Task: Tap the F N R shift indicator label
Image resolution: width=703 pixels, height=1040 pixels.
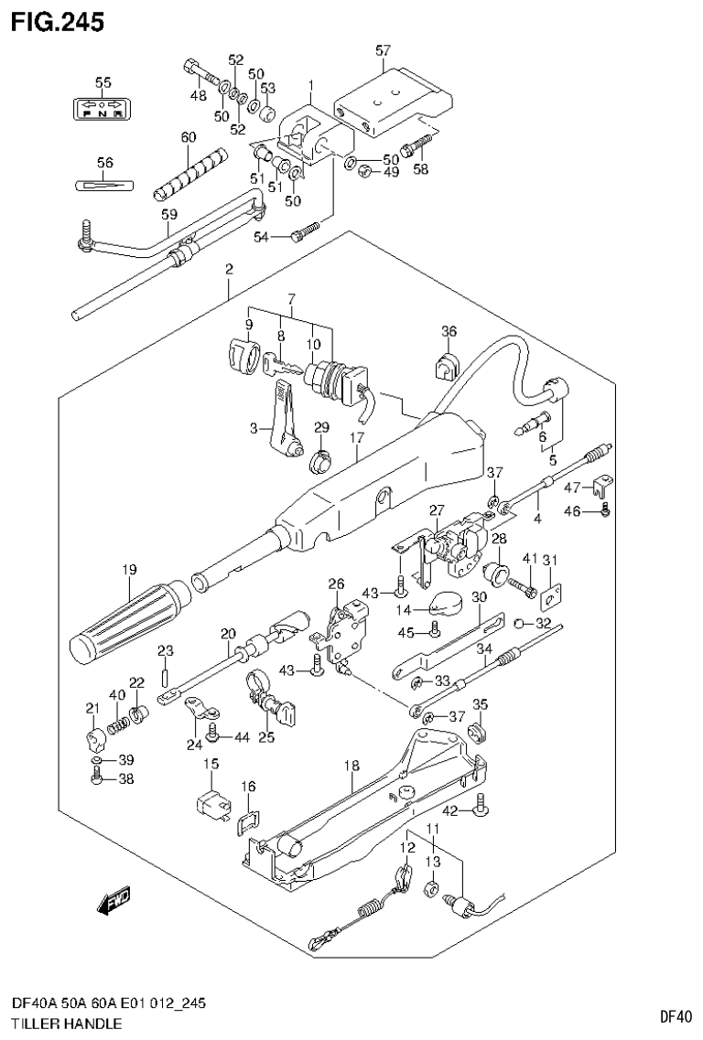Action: tap(103, 109)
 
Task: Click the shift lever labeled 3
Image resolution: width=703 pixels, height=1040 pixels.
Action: tap(285, 421)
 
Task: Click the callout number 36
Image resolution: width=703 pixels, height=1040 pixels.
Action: tap(448, 331)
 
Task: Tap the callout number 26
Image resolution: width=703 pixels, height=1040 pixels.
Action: tap(336, 584)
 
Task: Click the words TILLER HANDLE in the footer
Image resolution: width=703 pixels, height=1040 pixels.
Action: tap(62, 1024)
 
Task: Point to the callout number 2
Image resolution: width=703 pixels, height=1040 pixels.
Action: tap(229, 269)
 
